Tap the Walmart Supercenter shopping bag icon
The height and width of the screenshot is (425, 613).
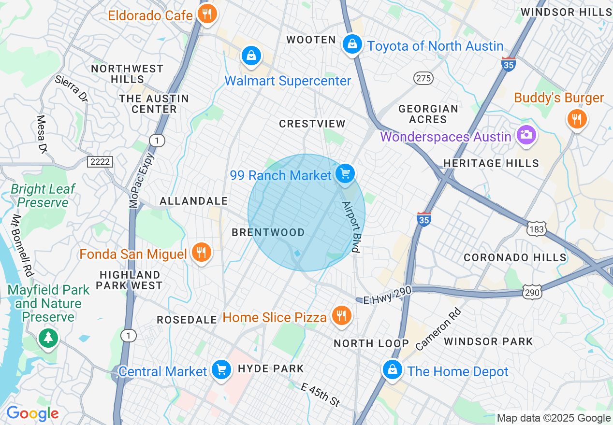point(251,55)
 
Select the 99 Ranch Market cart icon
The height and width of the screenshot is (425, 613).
point(345,173)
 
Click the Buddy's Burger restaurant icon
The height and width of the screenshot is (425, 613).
point(576,118)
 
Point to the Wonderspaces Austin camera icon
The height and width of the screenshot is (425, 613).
point(526,135)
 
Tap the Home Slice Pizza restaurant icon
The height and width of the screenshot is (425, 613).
point(342,316)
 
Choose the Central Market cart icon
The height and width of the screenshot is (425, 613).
point(221,370)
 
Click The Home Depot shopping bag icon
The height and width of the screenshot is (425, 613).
point(392,370)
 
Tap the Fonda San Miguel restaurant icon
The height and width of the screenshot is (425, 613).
point(201,252)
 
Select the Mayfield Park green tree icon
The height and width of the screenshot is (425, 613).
point(48,338)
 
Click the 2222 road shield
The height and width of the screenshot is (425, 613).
point(100,162)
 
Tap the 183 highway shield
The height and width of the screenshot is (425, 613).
point(537,229)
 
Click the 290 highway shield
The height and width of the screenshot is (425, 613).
point(532,292)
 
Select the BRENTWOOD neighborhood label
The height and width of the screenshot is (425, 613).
point(268,232)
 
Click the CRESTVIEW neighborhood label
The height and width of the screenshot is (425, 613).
point(312,124)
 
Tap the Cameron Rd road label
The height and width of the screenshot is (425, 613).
point(438,329)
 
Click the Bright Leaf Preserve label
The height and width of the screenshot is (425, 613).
point(43,196)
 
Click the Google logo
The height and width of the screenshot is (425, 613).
point(32,413)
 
